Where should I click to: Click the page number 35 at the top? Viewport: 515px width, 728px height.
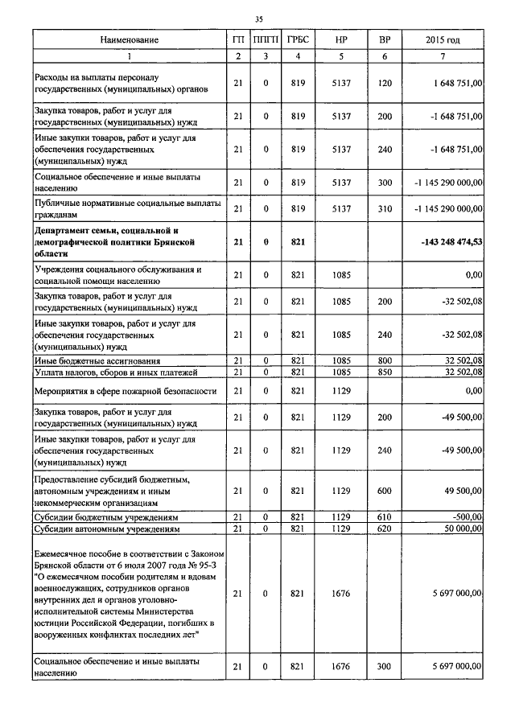pyautogui.click(x=258, y=19)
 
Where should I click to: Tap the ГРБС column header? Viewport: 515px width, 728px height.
pyautogui.click(x=299, y=39)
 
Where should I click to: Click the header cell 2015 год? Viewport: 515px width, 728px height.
pyautogui.click(x=443, y=39)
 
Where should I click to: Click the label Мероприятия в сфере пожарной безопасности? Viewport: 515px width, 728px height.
pyautogui.click(x=126, y=391)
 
